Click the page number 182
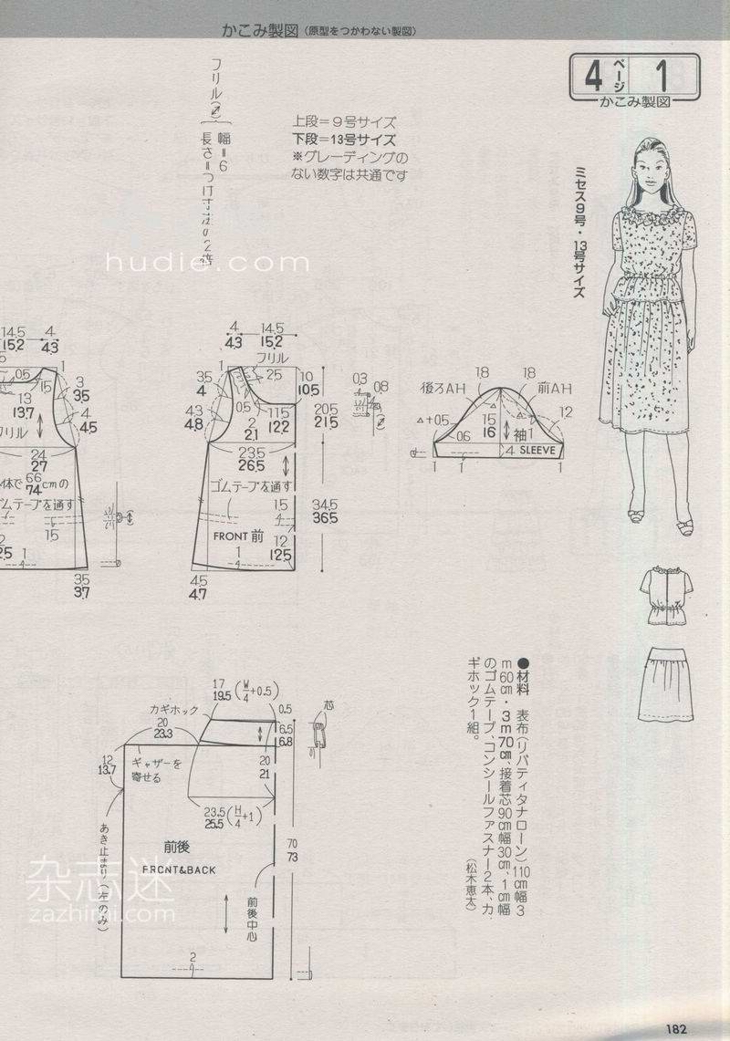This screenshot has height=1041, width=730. pyautogui.click(x=675, y=1028)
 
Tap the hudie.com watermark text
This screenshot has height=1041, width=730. pyautogui.click(x=208, y=264)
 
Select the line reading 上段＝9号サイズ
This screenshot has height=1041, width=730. pyautogui.click(x=344, y=120)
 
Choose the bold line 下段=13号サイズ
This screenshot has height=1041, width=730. pyautogui.click(x=344, y=140)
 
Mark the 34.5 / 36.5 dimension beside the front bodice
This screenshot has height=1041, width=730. pyautogui.click(x=325, y=511)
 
